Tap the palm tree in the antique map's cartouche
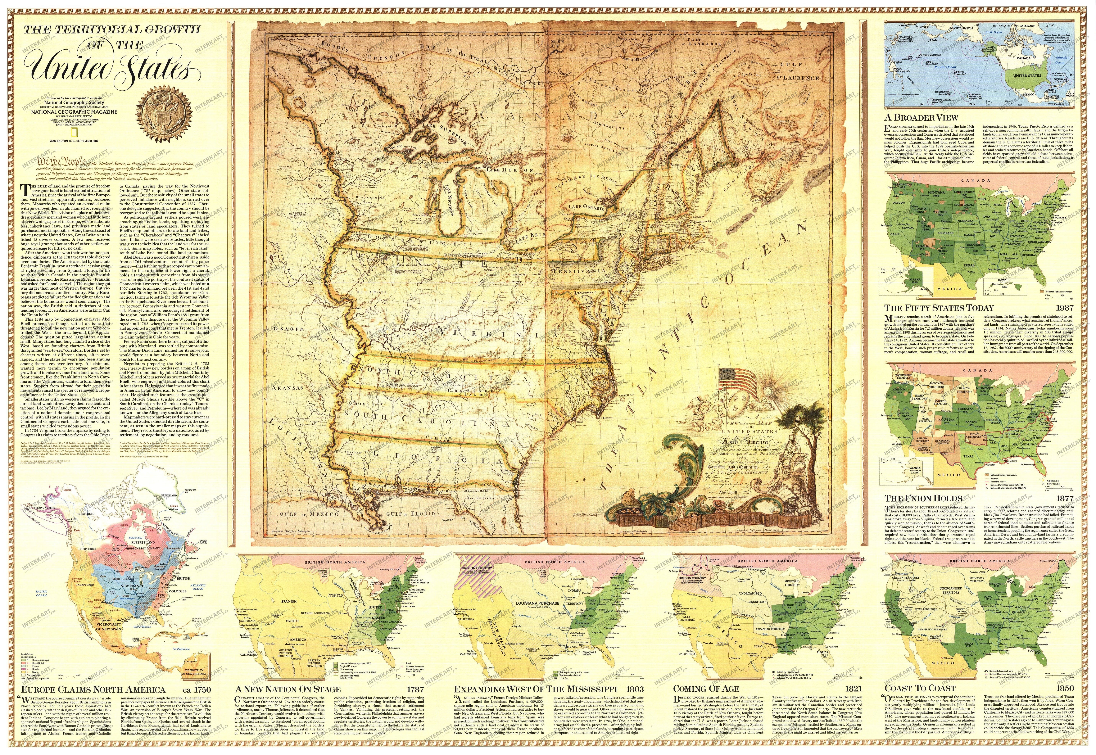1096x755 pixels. [x=799, y=416]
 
